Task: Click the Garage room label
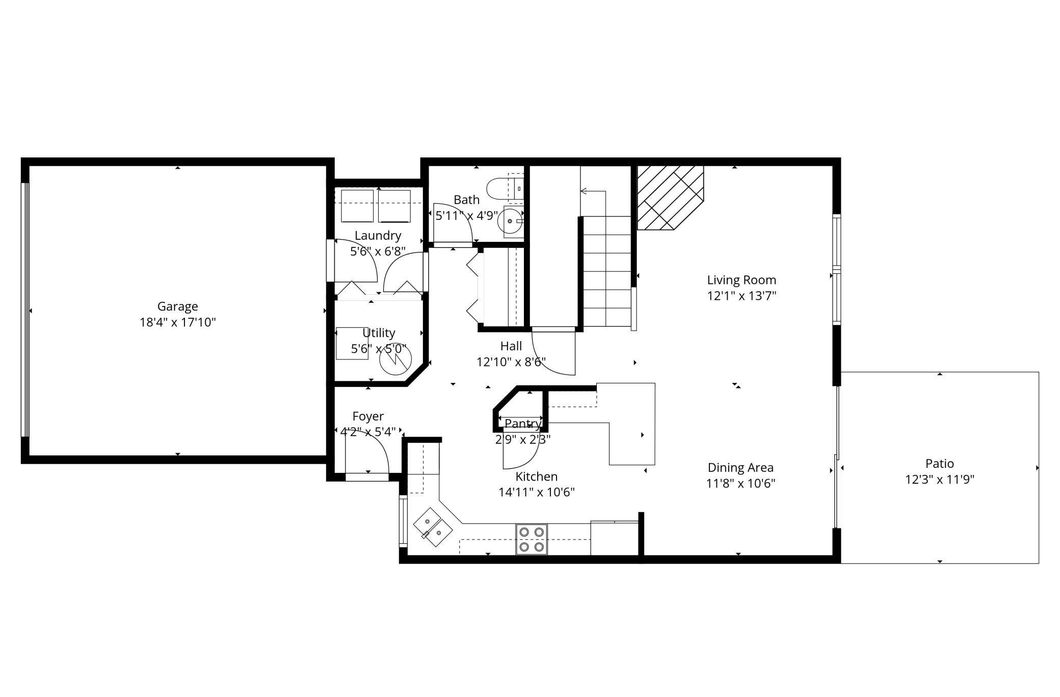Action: click(177, 306)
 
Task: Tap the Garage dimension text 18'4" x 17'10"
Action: click(178, 322)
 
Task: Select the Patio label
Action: click(940, 463)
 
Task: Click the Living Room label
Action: click(741, 280)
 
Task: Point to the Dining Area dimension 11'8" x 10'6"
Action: click(740, 483)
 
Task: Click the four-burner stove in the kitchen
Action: click(532, 539)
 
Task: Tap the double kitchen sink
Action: click(433, 527)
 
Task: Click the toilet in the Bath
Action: click(505, 188)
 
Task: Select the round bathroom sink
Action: click(511, 221)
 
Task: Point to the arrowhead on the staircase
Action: click(583, 191)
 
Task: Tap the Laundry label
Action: click(378, 236)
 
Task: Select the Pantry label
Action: click(523, 424)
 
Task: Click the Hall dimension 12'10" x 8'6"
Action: click(511, 362)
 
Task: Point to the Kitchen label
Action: click(537, 477)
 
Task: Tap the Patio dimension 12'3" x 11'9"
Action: click(940, 480)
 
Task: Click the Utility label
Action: click(379, 333)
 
